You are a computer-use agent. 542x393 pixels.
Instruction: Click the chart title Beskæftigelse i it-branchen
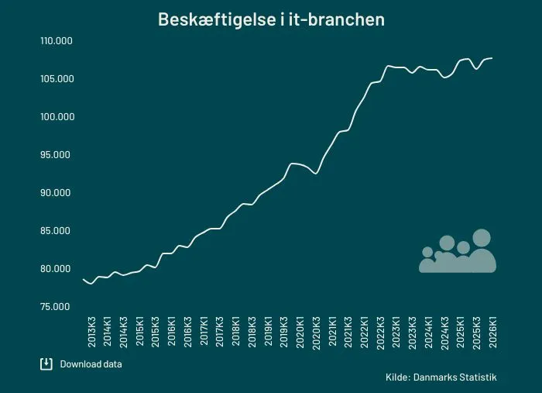coord(271,19)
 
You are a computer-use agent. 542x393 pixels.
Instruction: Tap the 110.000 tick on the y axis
coord(57,41)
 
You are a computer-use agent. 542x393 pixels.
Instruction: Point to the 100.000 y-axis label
coord(57,117)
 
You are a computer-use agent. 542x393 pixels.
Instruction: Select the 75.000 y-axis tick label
coord(55,307)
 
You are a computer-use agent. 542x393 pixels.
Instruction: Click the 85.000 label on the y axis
coord(55,231)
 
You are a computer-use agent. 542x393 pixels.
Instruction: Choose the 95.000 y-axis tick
coord(55,154)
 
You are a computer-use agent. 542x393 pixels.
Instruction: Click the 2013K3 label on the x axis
coord(91,332)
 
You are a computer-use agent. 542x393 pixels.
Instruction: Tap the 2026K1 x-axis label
coord(493,332)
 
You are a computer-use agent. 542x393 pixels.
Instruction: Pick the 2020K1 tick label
coord(300,332)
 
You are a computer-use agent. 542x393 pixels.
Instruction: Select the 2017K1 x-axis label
coord(204,331)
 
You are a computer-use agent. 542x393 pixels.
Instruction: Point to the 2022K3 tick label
coord(380,333)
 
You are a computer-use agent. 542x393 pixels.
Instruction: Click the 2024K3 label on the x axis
coord(445,333)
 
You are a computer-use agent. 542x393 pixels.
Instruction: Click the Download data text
coord(91,364)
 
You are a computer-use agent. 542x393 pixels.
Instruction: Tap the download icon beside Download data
coord(46,364)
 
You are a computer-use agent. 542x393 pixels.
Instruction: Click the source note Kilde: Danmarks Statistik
coord(441,377)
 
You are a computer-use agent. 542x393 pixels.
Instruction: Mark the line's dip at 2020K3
coord(316,174)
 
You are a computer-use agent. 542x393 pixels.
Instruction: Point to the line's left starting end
coord(84,279)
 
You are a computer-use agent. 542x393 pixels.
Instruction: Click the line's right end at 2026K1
coord(492,58)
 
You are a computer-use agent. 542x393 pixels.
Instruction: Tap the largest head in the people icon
coord(482,238)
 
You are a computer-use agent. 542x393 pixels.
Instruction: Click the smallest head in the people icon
coord(427,252)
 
